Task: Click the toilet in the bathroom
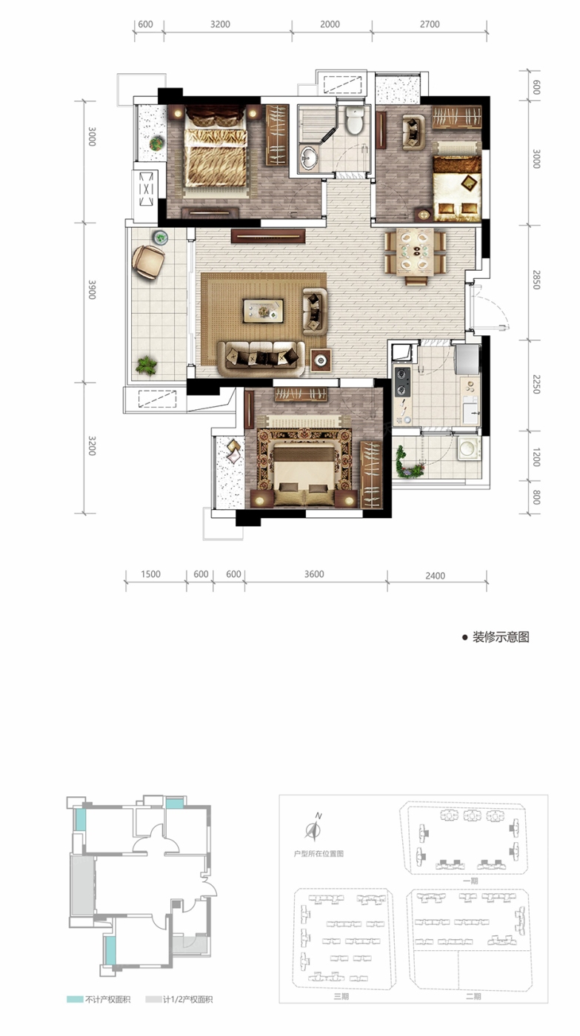[355, 119]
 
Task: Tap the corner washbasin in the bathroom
[308, 157]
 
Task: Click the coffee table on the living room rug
[264, 310]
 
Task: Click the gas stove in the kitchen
[401, 382]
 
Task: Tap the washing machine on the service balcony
[469, 448]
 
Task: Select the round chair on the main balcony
[147, 261]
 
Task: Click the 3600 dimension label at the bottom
[314, 574]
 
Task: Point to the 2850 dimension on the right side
[536, 280]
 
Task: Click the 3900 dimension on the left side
[92, 289]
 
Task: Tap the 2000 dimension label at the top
[330, 24]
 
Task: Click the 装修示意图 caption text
[501, 637]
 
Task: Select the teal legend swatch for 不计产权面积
[75, 1000]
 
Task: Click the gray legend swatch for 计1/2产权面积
[153, 1000]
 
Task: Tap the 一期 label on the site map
[470, 881]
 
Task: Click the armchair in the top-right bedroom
[413, 132]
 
